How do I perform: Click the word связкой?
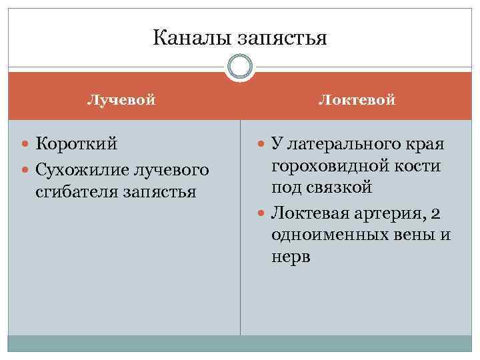point(339,187)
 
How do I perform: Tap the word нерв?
point(291,257)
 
